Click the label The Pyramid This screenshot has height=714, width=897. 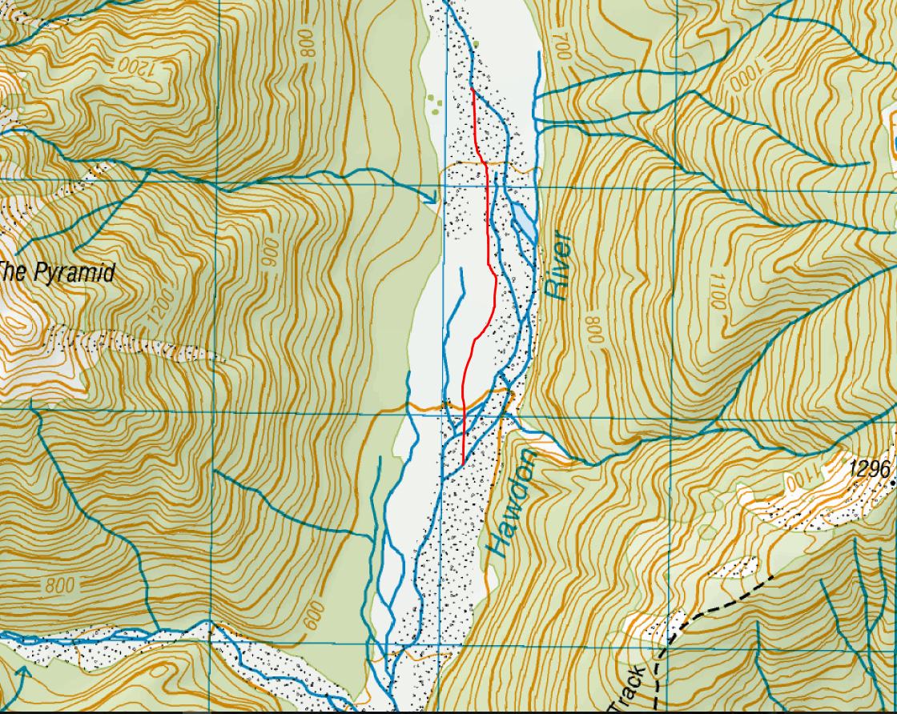point(56,272)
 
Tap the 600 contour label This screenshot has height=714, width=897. point(316,615)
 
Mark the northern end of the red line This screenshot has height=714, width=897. point(473,90)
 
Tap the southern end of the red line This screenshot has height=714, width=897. point(464,463)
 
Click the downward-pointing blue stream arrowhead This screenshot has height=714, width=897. point(429,195)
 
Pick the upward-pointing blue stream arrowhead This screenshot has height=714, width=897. point(22,672)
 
